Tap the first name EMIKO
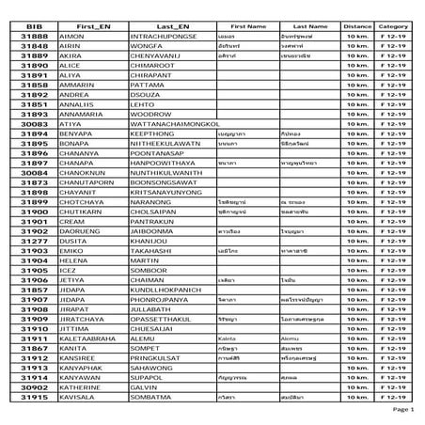click(x=74, y=251)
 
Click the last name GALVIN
click(x=133, y=386)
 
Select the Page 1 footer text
click(x=401, y=411)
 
